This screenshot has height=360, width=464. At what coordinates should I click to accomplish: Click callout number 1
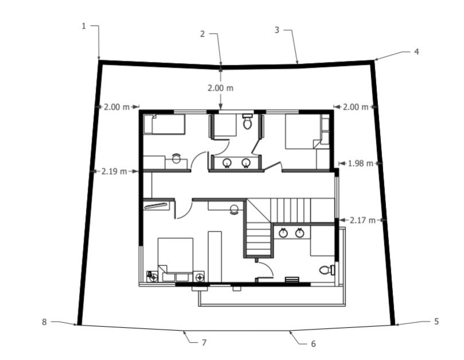pos(84,26)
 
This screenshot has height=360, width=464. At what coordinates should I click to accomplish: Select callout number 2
pos(202,34)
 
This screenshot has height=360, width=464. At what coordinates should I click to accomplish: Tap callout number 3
pos(276,30)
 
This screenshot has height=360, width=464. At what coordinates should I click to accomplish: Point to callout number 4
pos(416,52)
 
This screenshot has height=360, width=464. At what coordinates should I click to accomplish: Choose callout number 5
pos(436,322)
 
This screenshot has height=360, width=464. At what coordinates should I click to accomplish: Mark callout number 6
pos(313,344)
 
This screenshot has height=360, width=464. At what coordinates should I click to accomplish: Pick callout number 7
pos(204,343)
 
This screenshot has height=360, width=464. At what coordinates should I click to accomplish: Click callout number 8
pos(44,322)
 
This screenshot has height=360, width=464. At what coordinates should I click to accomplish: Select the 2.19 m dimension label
pos(114,171)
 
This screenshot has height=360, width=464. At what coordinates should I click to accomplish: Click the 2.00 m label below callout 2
pos(221,88)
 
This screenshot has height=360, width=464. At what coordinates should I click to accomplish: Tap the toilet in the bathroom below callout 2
pos(248,122)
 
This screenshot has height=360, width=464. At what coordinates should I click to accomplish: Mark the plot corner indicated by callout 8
pos(79,325)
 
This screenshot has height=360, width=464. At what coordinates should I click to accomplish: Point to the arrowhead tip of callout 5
pos(395,325)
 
